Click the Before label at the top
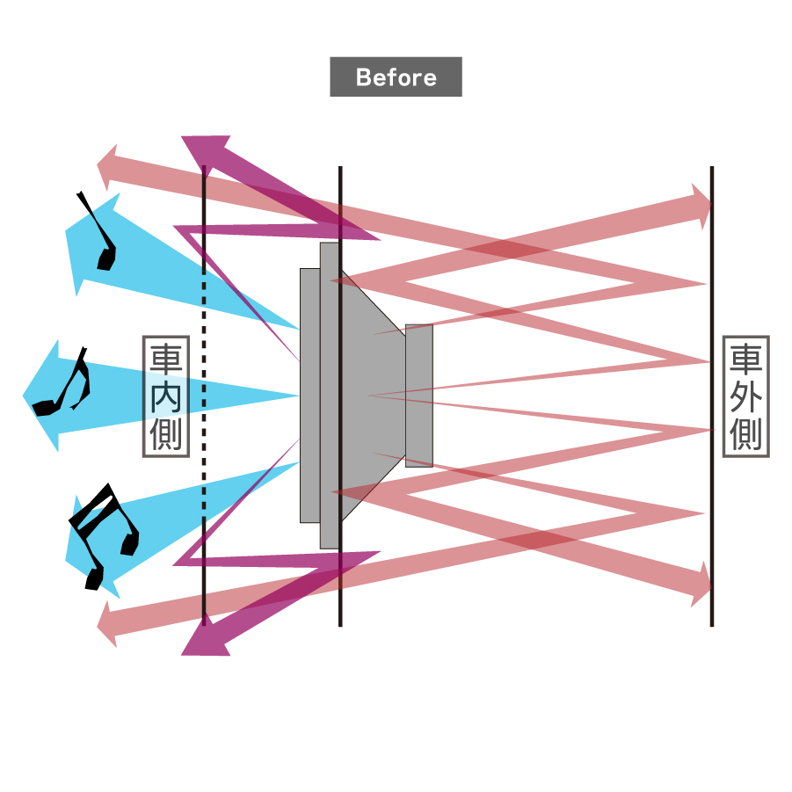tap(396, 77)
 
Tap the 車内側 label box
tap(165, 396)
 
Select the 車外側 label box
tap(745, 396)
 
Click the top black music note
tap(100, 236)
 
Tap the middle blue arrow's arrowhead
tap(46, 396)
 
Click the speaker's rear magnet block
tap(419, 396)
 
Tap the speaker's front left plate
tap(309, 396)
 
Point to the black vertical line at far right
tap(711, 264)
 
